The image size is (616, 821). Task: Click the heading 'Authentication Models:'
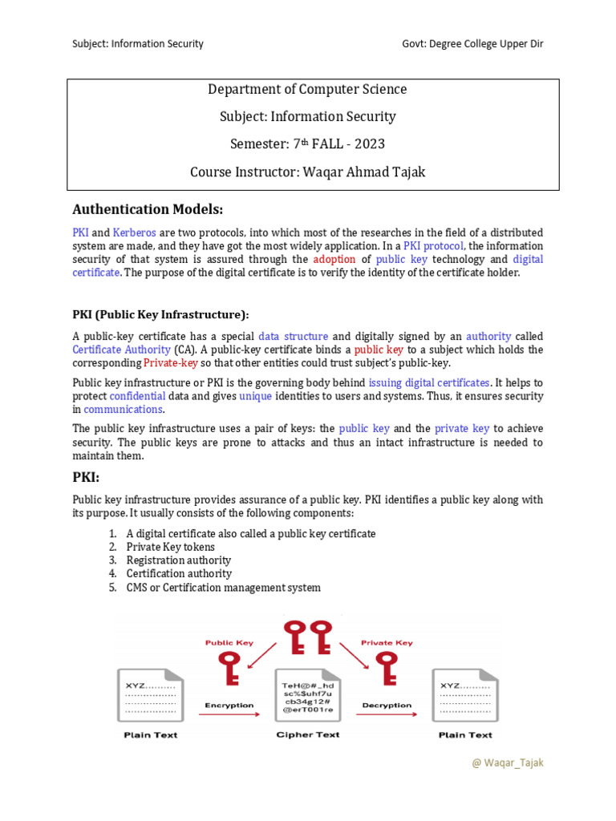coord(147,210)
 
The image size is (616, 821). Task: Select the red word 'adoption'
coord(334,259)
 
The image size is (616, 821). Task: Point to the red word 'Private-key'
coord(170,362)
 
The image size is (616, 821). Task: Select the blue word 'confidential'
coord(137,396)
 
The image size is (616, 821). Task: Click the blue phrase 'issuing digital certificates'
coord(428,382)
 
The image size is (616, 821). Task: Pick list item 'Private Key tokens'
coord(170,547)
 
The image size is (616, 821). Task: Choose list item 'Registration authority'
coord(178,560)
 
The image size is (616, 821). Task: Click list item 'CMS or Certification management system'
coord(223,588)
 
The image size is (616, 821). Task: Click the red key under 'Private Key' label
coord(387,665)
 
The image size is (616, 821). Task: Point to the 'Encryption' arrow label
coord(229,706)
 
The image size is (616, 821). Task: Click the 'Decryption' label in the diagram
coord(387,706)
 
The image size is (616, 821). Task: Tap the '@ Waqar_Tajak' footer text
coord(508,762)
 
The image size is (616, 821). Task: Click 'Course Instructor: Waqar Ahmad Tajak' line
coord(308,172)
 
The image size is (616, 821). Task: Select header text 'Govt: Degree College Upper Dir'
coord(472,43)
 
